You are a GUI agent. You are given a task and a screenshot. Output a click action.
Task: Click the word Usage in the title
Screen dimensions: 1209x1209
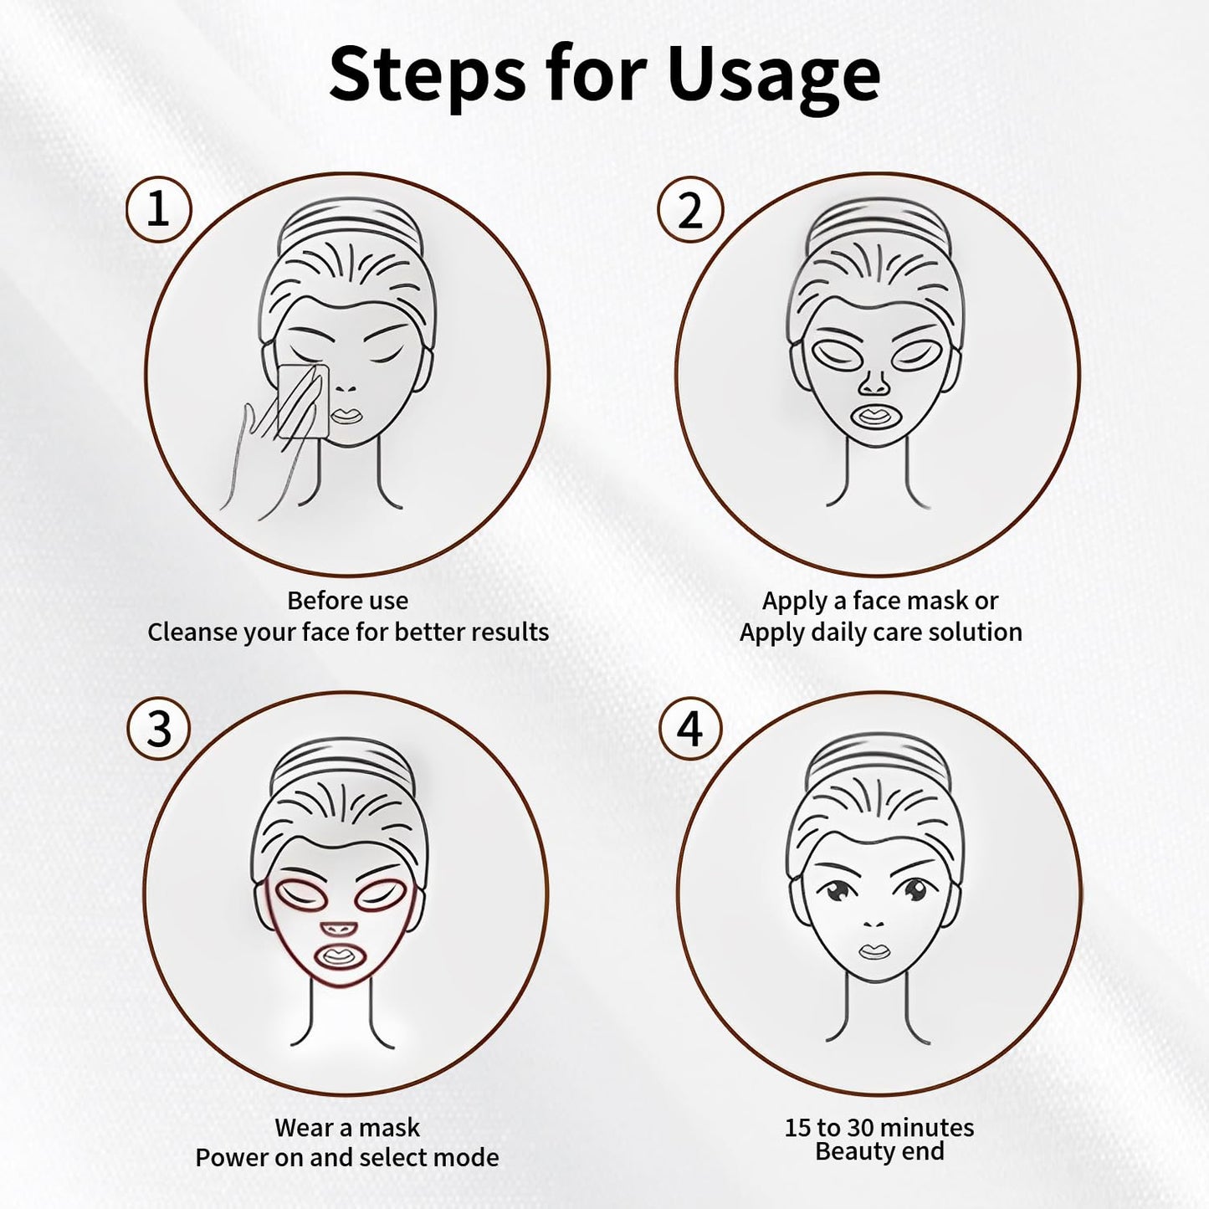coord(773,75)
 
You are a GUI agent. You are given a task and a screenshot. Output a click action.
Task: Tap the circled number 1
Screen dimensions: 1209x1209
coord(158,209)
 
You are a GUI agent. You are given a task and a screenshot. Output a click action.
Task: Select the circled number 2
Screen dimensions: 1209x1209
coord(690,210)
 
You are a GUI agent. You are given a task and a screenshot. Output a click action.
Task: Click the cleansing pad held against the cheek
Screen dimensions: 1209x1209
coord(301,400)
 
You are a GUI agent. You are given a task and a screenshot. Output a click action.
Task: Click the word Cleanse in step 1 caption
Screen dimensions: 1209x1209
coord(192,632)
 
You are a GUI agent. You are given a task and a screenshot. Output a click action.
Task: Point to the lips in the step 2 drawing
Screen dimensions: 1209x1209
coord(874,416)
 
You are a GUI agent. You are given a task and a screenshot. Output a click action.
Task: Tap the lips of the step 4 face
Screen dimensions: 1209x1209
coord(874,952)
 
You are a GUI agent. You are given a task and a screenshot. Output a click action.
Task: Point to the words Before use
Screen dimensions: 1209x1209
coord(347,600)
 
